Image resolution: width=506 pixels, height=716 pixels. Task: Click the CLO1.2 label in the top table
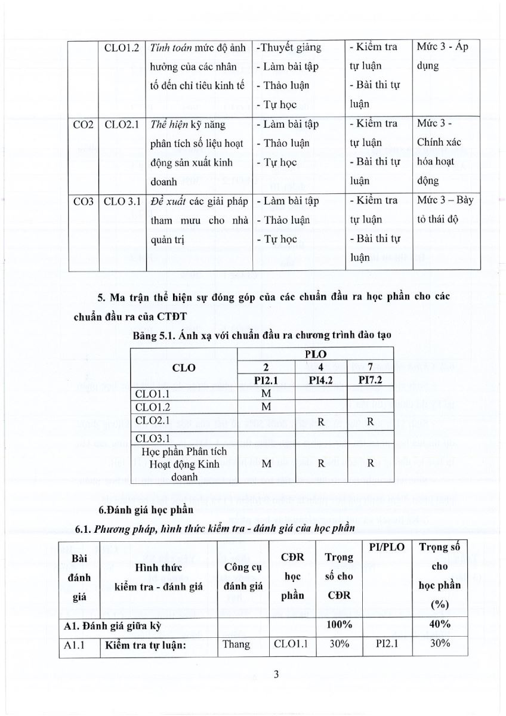click(x=123, y=47)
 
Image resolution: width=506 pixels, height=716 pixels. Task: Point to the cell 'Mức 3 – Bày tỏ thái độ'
click(x=444, y=209)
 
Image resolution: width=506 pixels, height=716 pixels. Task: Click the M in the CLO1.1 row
click(x=266, y=393)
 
